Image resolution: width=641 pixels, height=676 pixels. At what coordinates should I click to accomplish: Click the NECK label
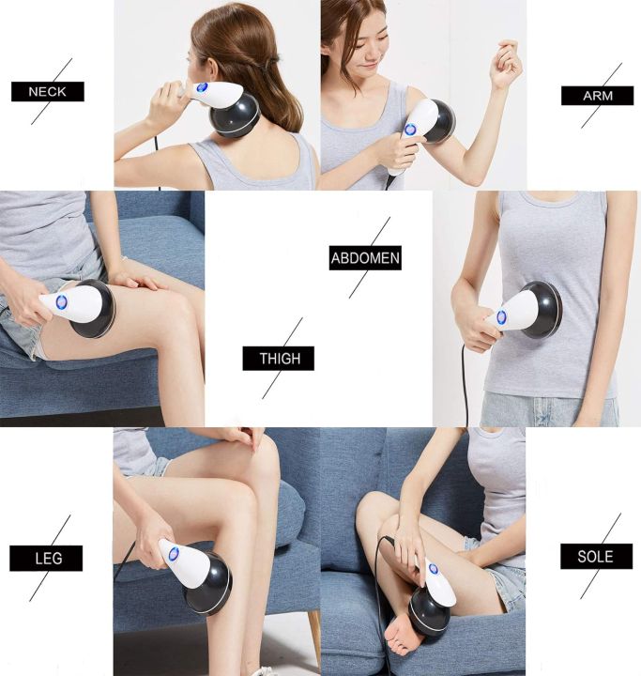[48, 92]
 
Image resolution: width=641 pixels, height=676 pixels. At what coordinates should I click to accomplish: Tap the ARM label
[597, 96]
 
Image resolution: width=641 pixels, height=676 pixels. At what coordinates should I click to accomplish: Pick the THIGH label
[278, 359]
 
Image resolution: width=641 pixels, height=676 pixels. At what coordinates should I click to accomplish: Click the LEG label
[46, 559]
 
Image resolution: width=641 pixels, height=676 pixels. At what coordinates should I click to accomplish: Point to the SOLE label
[596, 556]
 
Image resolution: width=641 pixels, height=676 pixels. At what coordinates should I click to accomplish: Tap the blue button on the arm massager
[410, 130]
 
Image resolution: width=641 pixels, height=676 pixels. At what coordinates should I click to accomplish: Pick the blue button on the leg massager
[174, 554]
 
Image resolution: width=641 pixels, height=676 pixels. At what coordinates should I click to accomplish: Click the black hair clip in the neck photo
[273, 67]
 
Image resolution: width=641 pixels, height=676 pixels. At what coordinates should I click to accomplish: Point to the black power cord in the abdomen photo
[464, 385]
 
